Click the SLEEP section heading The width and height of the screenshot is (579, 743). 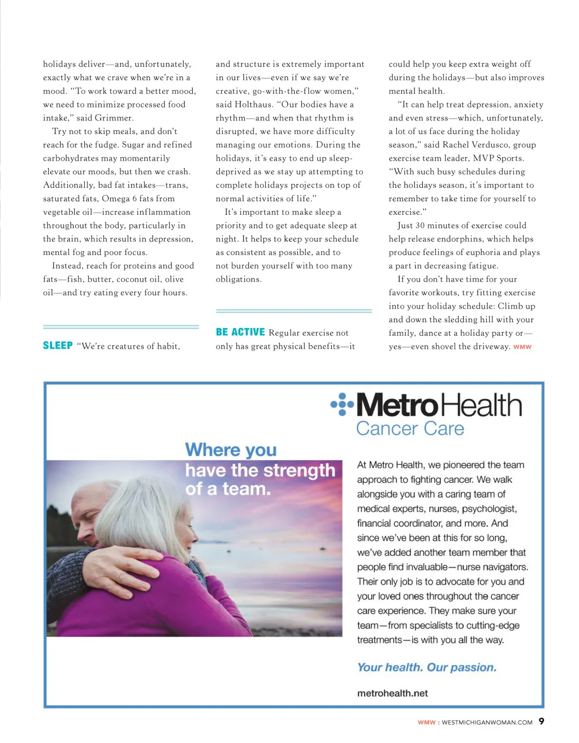pos(58,345)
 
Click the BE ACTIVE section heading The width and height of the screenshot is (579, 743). pos(240,332)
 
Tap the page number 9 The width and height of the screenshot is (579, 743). pos(541,721)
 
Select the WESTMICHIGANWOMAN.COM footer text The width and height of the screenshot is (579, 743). pos(487,722)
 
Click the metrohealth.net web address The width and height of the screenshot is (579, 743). pos(392,693)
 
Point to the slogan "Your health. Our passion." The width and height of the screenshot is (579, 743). pos(427,667)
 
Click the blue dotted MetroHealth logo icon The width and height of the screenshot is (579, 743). pos(342,404)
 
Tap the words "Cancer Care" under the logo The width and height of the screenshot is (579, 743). pos(410,429)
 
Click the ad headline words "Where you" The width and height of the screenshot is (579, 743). pos(231,450)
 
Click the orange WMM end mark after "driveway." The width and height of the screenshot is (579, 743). pos(522,347)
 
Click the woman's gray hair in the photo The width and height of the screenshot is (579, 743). pos(141,509)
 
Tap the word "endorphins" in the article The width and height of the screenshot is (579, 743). pos(455,239)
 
